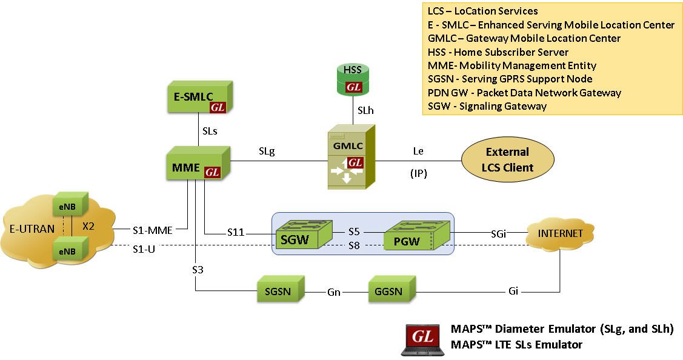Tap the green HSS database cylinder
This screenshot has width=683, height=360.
coord(353,79)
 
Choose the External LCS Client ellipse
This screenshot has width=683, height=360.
coord(507,160)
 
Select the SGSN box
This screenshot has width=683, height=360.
coord(279,292)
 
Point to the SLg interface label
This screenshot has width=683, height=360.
coord(267,152)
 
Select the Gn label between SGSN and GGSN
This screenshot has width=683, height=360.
coord(334,292)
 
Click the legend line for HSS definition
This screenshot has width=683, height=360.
coord(498,52)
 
